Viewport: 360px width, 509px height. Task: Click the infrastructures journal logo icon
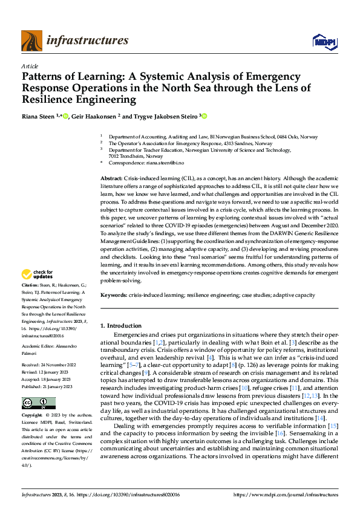pos(31,41)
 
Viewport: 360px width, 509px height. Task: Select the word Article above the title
pos(30,65)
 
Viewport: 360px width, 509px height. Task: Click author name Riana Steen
pos(37,116)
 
